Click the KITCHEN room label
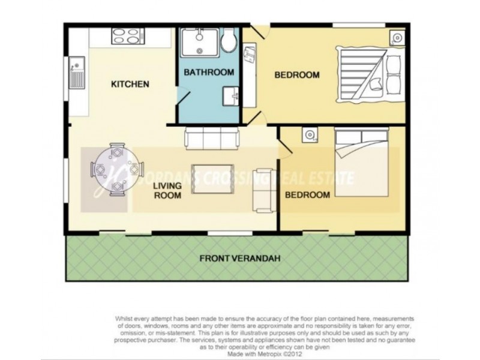tap(130, 84)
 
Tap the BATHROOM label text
tap(209, 73)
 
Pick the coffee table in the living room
tap(209, 179)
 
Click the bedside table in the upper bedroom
tap(397, 38)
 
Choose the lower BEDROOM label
tap(307, 195)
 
